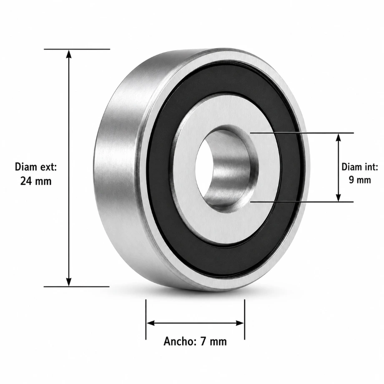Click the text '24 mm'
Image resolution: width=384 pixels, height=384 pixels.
(x=36, y=181)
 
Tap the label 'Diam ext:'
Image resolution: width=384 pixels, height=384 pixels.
(x=36, y=167)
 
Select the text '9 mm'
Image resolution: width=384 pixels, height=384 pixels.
(x=360, y=180)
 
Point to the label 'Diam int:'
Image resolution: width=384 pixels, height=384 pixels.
(x=360, y=167)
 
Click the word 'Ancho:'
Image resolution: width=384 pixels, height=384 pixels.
(x=181, y=341)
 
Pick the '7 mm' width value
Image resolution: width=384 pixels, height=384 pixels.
(x=213, y=341)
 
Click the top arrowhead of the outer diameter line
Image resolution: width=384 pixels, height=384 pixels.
(x=69, y=54)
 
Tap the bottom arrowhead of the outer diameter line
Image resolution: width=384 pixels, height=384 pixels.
(x=69, y=281)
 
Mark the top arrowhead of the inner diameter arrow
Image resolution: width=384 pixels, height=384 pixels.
(x=339, y=138)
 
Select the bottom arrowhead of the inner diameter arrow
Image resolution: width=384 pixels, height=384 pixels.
(x=339, y=197)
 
